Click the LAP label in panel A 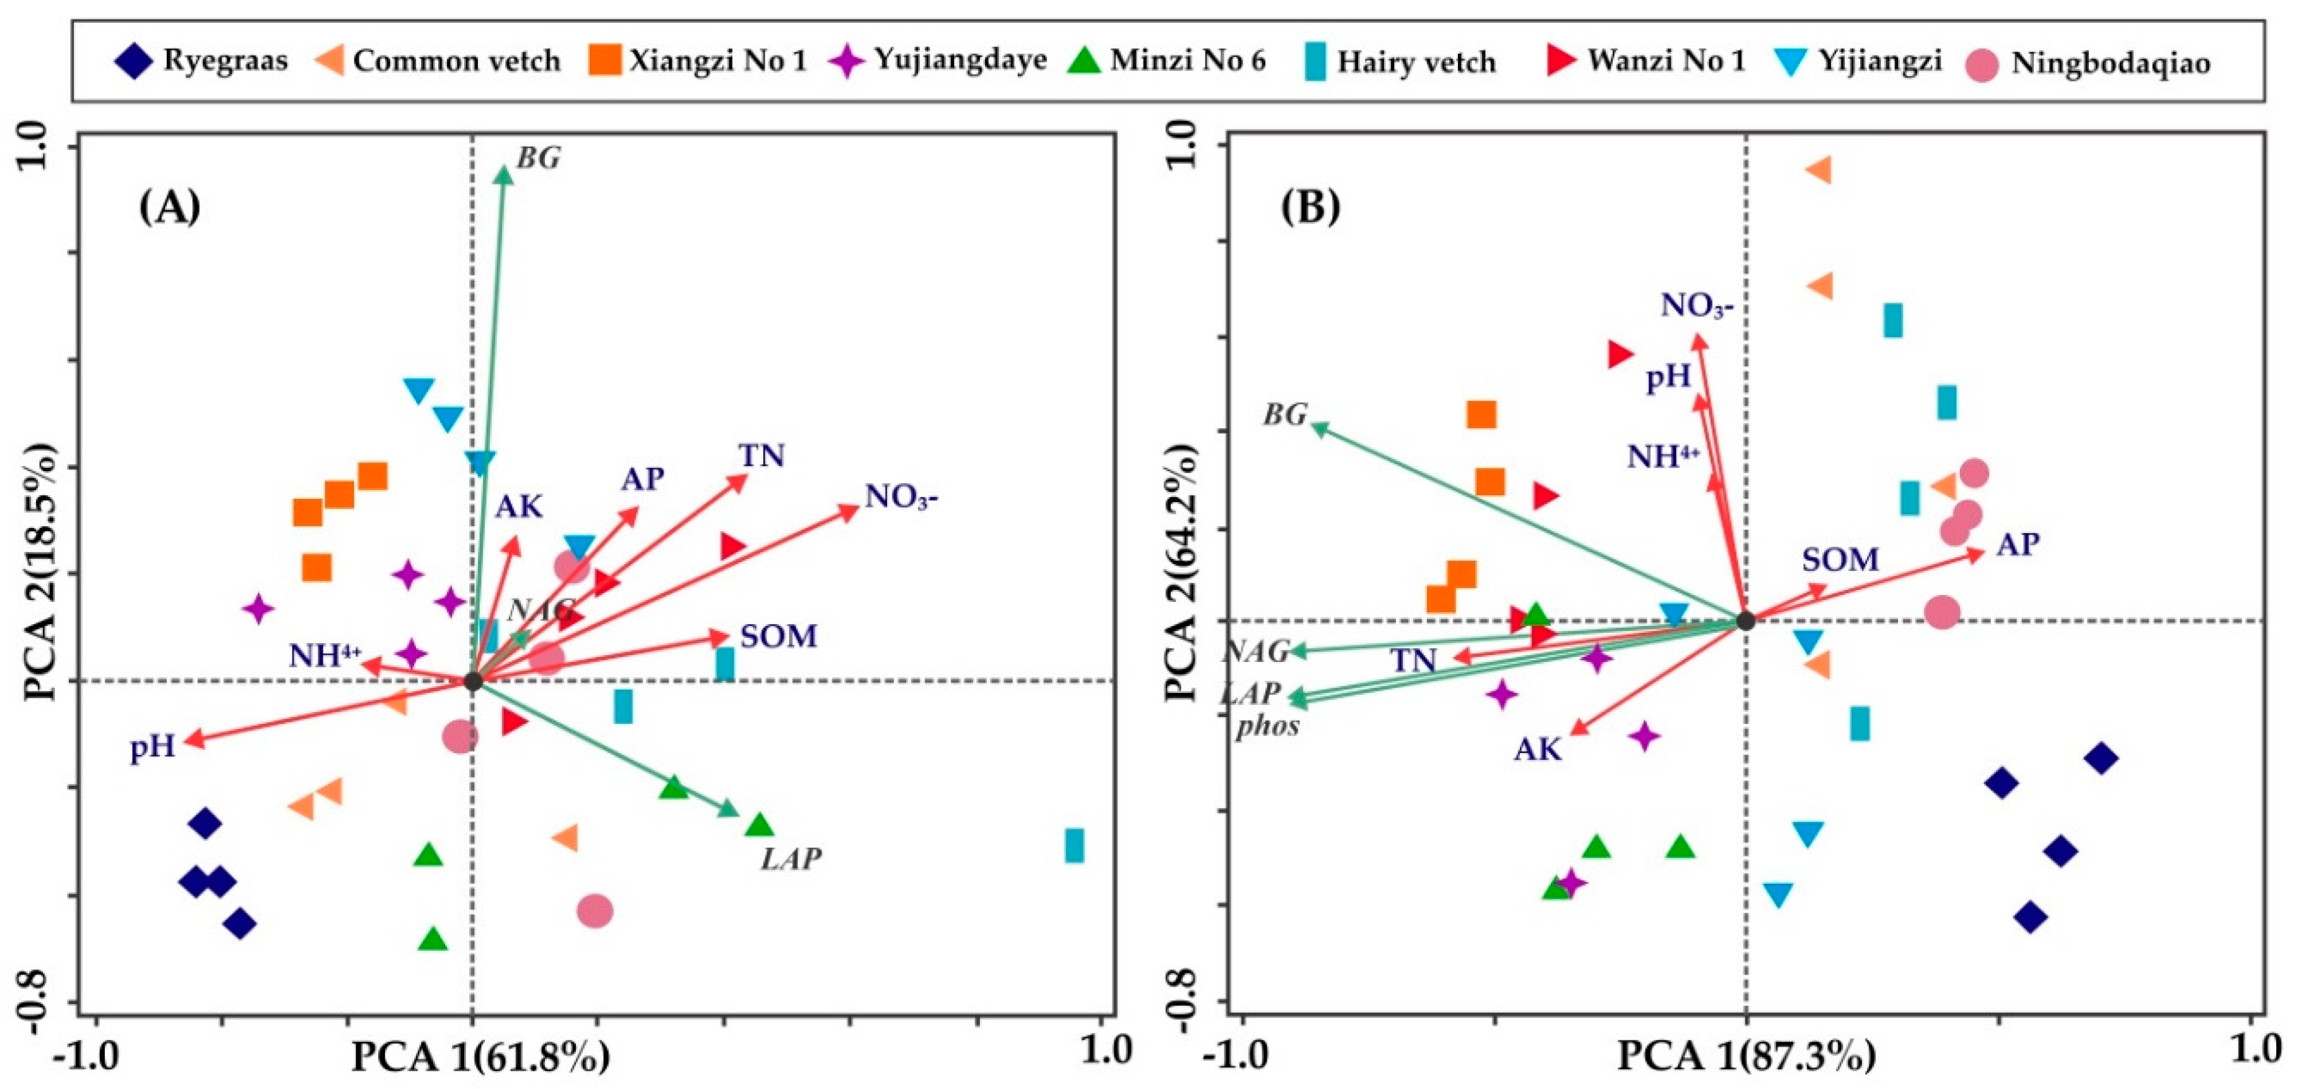click(791, 858)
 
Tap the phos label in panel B click(1267, 726)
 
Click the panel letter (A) click(170, 208)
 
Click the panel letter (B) click(1310, 208)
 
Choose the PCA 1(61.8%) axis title click(481, 1059)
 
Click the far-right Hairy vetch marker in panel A click(1075, 845)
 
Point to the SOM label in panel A click(779, 637)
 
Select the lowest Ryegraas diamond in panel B click(2031, 917)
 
